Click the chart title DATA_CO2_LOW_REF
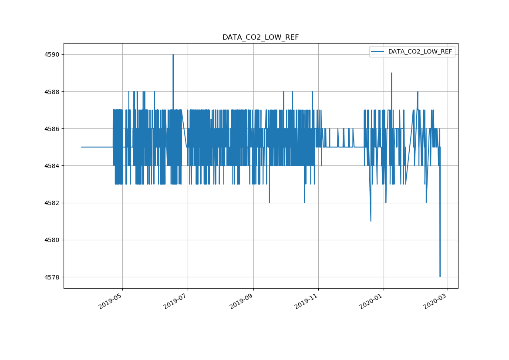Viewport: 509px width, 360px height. (260, 37)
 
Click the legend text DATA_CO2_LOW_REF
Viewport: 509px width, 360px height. (420, 52)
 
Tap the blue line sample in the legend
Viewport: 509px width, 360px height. (378, 52)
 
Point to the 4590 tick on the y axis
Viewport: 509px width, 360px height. (52, 54)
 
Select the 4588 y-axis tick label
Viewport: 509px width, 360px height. (52, 92)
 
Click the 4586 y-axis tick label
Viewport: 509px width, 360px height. (52, 129)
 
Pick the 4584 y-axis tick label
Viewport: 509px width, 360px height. (52, 166)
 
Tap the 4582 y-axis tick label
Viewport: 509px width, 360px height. (52, 203)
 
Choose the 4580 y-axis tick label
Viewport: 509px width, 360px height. (52, 240)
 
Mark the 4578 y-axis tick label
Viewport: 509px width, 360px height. (52, 277)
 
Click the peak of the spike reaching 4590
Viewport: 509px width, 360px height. (173, 54)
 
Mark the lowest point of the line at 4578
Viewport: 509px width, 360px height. (440, 276)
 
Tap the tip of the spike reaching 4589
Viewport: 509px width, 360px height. (391, 73)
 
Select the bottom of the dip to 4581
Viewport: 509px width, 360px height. (371, 221)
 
